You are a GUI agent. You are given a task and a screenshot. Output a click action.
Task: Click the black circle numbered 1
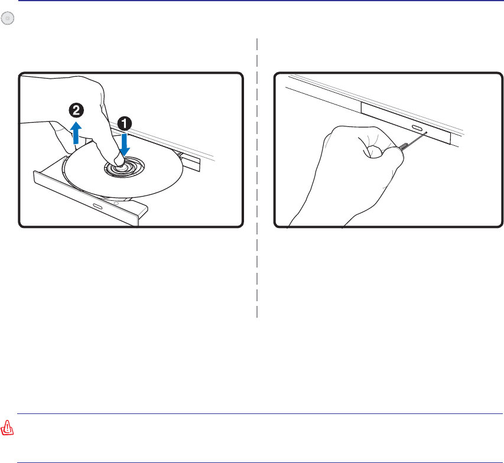[125, 123]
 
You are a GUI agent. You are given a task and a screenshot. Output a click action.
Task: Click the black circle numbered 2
[76, 110]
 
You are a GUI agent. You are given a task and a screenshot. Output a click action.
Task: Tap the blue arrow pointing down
[125, 144]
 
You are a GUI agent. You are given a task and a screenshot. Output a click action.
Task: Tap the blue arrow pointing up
[76, 133]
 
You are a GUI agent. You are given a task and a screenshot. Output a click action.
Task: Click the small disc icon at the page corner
[8, 18]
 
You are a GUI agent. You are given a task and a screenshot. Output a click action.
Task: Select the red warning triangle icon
[7, 428]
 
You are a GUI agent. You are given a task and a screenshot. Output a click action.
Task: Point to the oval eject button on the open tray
[97, 206]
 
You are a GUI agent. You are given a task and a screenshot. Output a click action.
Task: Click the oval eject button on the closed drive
[417, 128]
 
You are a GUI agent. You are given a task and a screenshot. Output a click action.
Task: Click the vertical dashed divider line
[257, 178]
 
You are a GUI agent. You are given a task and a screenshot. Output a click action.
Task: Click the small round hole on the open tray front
[116, 204]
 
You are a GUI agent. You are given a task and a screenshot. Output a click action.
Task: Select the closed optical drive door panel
[406, 123]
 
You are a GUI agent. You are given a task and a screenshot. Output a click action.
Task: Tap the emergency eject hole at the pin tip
[427, 132]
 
